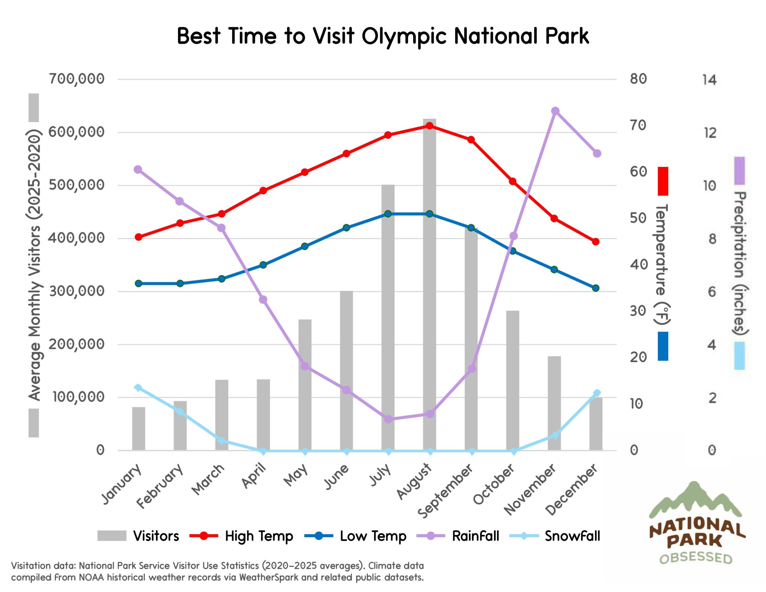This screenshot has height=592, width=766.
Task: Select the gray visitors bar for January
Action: (x=139, y=429)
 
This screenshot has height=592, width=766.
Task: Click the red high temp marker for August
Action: (x=430, y=126)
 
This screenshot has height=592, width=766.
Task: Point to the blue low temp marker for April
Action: (x=263, y=265)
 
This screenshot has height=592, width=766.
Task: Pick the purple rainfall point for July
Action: (x=388, y=419)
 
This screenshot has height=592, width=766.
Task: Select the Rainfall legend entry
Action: (x=475, y=536)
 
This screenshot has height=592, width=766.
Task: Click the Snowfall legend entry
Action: (x=572, y=536)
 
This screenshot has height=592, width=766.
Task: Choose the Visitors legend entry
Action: (x=156, y=536)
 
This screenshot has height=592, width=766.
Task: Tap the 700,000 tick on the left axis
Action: (x=77, y=79)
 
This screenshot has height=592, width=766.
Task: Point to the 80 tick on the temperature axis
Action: (x=638, y=79)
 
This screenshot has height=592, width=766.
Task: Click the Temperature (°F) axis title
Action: (x=662, y=263)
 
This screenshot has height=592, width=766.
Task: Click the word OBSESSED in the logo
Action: (x=696, y=558)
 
